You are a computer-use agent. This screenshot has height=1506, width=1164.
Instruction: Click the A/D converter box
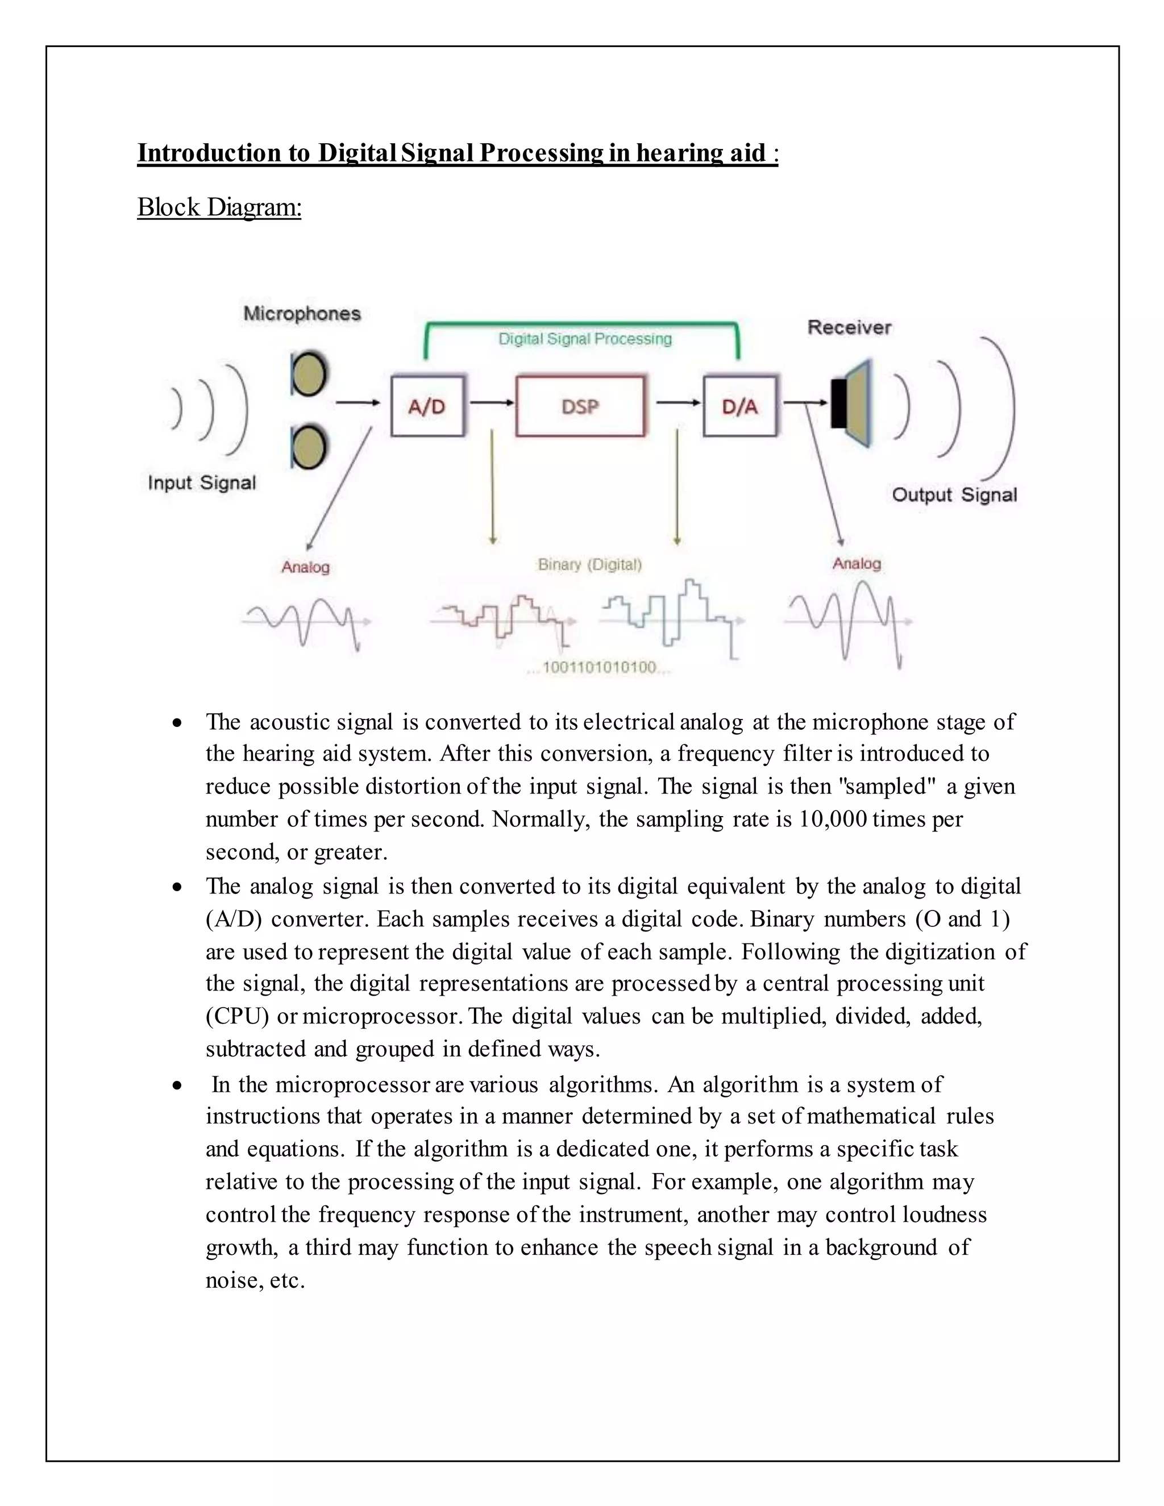pyautogui.click(x=427, y=406)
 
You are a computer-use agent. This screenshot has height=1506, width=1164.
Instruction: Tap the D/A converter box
pyautogui.click(x=740, y=406)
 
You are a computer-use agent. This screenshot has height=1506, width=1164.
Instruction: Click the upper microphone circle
pyautogui.click(x=309, y=375)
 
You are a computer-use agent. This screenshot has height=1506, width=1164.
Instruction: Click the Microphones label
pyautogui.click(x=302, y=314)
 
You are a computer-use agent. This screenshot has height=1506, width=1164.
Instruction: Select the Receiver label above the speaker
pyautogui.click(x=850, y=327)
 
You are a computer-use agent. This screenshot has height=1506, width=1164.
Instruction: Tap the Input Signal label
pyautogui.click(x=201, y=482)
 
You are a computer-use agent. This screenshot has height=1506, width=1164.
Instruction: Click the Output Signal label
pyautogui.click(x=954, y=494)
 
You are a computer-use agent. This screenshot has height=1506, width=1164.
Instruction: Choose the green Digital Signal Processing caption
pyautogui.click(x=585, y=339)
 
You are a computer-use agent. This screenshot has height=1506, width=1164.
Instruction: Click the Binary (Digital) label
pyautogui.click(x=589, y=565)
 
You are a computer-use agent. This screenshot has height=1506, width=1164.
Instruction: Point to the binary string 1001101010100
pyautogui.click(x=599, y=668)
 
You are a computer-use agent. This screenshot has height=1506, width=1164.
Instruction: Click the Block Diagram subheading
pyautogui.click(x=219, y=207)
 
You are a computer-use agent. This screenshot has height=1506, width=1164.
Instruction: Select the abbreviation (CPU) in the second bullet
pyautogui.click(x=237, y=1017)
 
